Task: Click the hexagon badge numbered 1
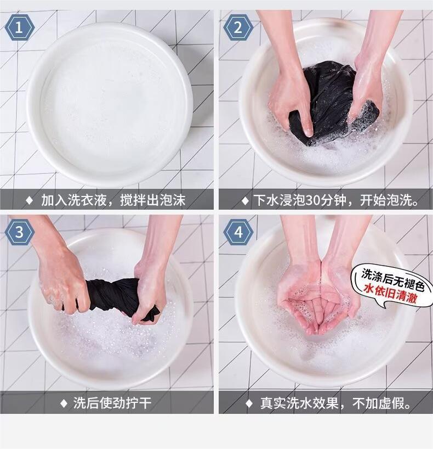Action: [x=19, y=28]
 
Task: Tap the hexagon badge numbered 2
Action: [x=238, y=28]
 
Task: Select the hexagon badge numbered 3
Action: [x=19, y=232]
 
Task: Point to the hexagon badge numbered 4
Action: [x=238, y=232]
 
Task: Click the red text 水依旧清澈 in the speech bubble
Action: [x=390, y=293]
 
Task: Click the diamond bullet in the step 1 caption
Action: [x=30, y=200]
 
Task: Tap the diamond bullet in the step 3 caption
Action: [x=64, y=403]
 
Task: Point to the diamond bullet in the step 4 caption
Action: [x=249, y=403]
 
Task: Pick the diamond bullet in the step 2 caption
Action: [x=245, y=200]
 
